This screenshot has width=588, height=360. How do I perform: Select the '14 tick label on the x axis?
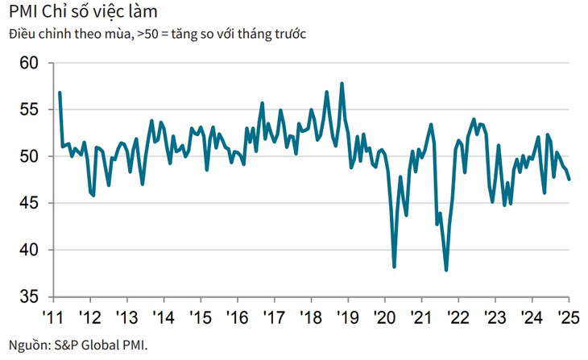(163, 315)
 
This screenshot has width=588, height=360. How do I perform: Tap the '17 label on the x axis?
(274, 315)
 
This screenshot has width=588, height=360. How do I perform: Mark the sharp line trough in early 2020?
(394, 267)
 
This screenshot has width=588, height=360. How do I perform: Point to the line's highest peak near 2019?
(342, 83)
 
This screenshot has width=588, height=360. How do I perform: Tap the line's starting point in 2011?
(60, 93)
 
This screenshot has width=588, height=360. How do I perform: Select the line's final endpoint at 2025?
(569, 179)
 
